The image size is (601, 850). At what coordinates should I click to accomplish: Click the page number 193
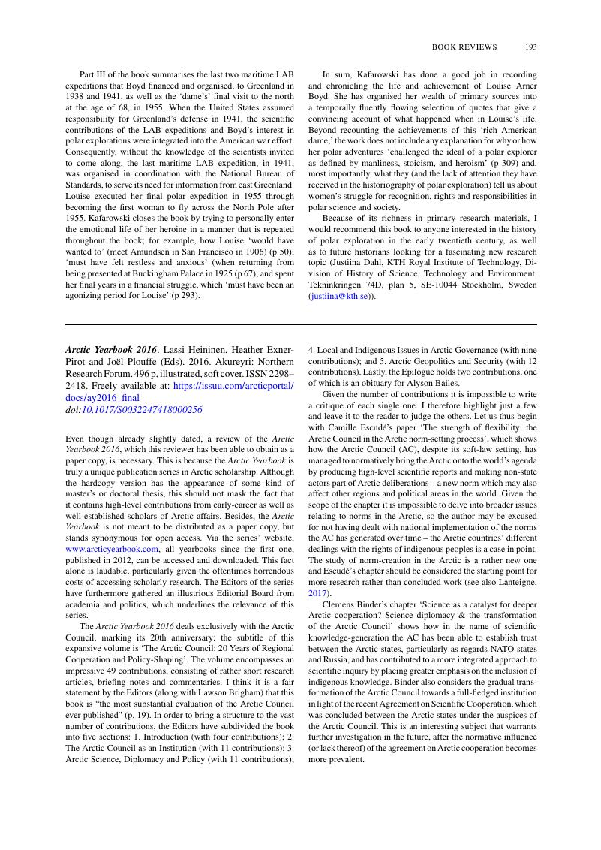531,47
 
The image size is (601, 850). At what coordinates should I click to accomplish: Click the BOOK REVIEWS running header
464,47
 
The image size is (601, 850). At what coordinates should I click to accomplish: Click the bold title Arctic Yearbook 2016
110,350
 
